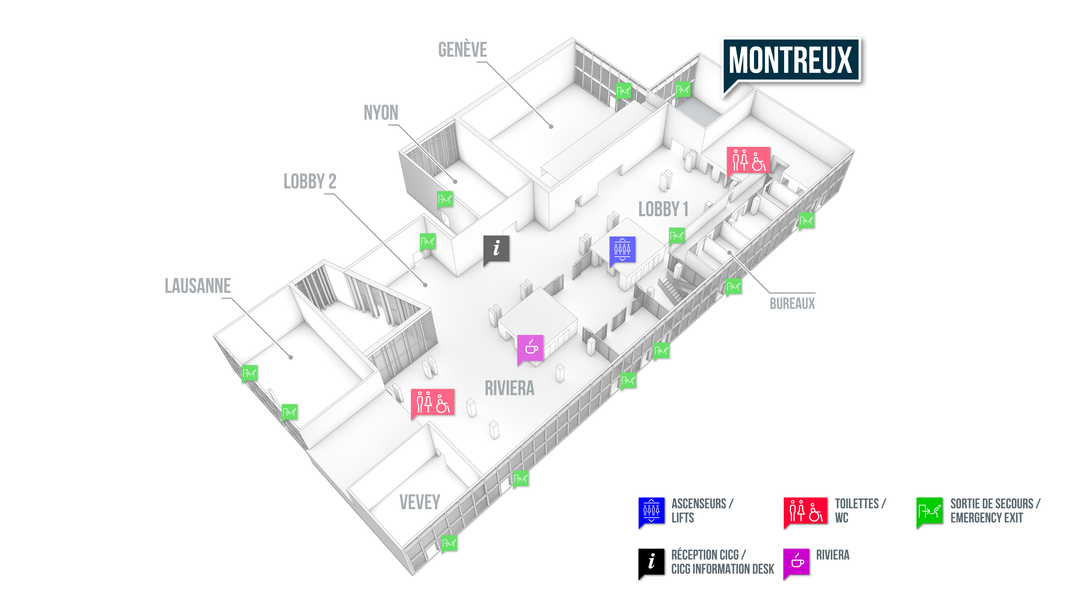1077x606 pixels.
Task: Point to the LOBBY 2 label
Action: click(310, 181)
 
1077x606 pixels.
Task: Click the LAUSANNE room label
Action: click(198, 286)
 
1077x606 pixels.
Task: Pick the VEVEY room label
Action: click(420, 502)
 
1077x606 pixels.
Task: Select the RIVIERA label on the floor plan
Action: click(509, 388)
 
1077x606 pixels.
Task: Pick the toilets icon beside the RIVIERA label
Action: click(433, 402)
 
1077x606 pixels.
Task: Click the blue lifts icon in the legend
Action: click(651, 511)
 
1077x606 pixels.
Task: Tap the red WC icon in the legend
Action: click(805, 511)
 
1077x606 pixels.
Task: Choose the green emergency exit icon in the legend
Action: click(929, 511)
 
